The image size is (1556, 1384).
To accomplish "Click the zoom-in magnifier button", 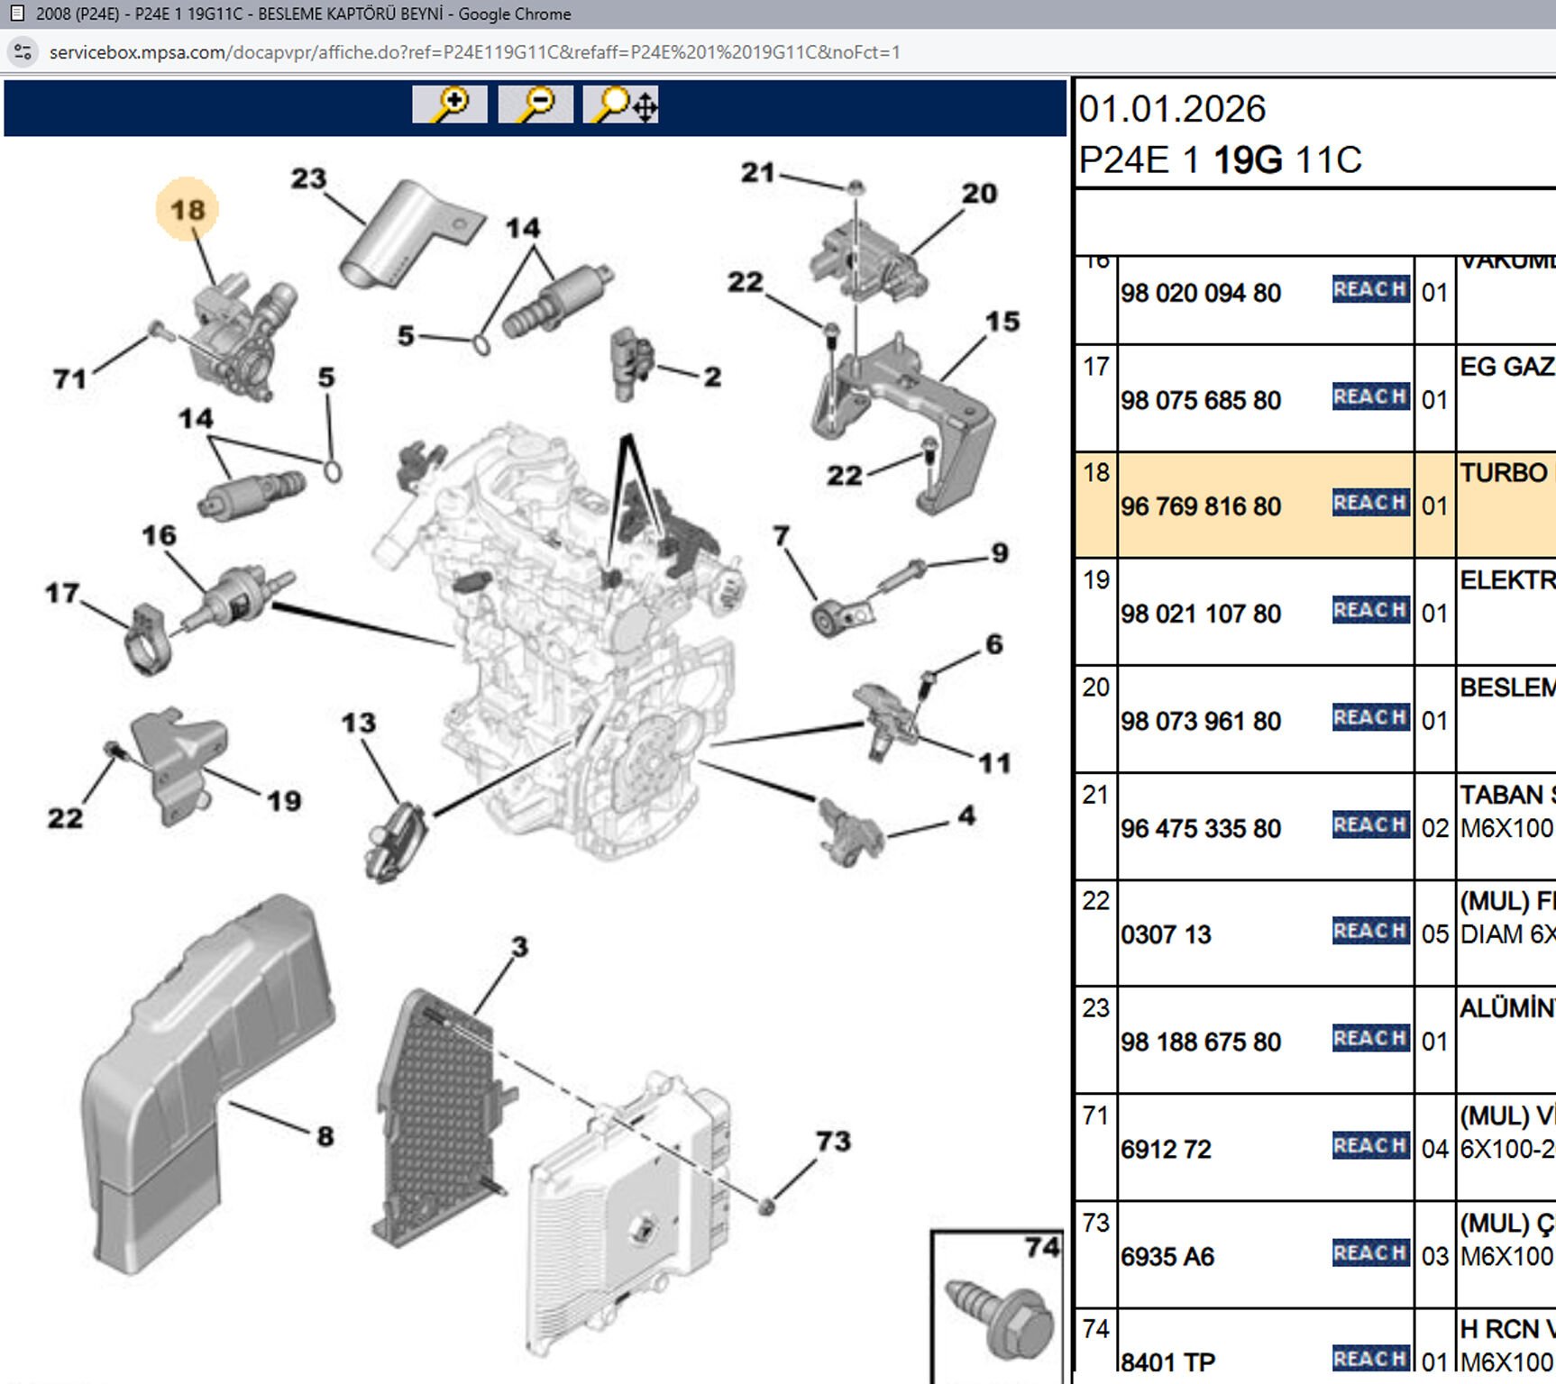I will pos(449,105).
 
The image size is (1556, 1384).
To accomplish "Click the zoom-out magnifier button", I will pos(535,105).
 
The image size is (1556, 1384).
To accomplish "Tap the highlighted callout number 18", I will pos(188,210).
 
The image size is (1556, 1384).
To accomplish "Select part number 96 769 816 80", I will pos(1200,506).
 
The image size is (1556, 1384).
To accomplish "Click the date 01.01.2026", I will pos(1172,109).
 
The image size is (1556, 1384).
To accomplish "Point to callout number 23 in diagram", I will pos(308,178).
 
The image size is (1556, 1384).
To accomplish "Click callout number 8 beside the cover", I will pos(325,1136).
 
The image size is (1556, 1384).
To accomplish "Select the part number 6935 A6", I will pos(1167,1256).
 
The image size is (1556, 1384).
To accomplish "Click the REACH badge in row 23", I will pos(1370,1038).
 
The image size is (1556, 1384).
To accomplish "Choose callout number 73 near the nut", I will pos(833,1141).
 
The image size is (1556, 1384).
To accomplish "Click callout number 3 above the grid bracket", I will pos(519,947).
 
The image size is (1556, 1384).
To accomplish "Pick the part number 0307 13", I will pos(1165,934).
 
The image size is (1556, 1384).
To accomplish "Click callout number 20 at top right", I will pos(979,193).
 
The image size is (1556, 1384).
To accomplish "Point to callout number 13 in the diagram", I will pos(358,723).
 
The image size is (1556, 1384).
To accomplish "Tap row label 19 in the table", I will pos(1095,579).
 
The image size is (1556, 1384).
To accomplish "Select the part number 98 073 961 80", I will pos(1200,721).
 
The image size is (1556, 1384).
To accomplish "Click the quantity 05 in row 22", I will pos(1434,933).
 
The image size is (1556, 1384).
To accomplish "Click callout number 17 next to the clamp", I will pos(62,593).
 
